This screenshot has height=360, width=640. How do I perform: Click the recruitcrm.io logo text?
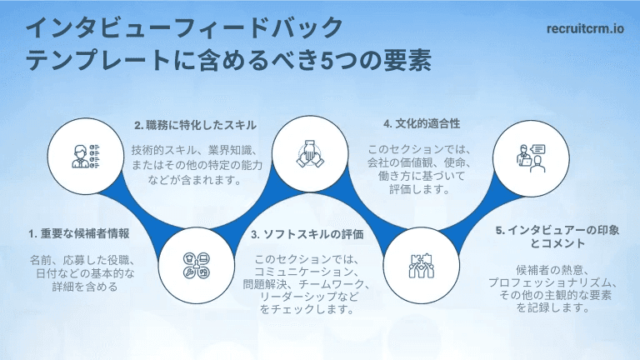pos(585,28)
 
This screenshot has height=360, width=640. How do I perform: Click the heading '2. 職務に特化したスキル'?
pos(196,125)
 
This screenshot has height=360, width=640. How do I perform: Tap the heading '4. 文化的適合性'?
pos(422,123)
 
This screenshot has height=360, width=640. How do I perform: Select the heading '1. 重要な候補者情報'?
pos(79,233)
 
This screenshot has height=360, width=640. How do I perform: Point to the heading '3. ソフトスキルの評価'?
pos(307,234)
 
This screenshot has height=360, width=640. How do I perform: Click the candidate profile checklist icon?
pos(86,156)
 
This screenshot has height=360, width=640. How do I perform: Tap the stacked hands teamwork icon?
pos(310,154)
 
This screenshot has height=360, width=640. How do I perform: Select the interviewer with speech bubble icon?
pos(531,158)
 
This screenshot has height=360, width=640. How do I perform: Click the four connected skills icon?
pos(197,265)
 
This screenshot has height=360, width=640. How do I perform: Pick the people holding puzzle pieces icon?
pos(421,266)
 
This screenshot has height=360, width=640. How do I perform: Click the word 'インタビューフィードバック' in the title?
pos(184,27)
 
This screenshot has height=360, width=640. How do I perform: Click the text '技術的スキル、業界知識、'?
pos(194,151)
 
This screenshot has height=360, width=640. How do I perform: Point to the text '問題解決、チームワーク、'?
pos(306,284)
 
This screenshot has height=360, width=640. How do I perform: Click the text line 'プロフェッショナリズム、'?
pos(553,282)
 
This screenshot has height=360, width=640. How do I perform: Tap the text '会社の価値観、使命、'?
pos(419,162)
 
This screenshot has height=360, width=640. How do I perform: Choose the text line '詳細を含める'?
pos(85,287)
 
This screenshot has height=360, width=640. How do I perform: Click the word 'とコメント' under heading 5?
pos(557,243)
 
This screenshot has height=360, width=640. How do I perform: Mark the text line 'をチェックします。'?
pos(307,309)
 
